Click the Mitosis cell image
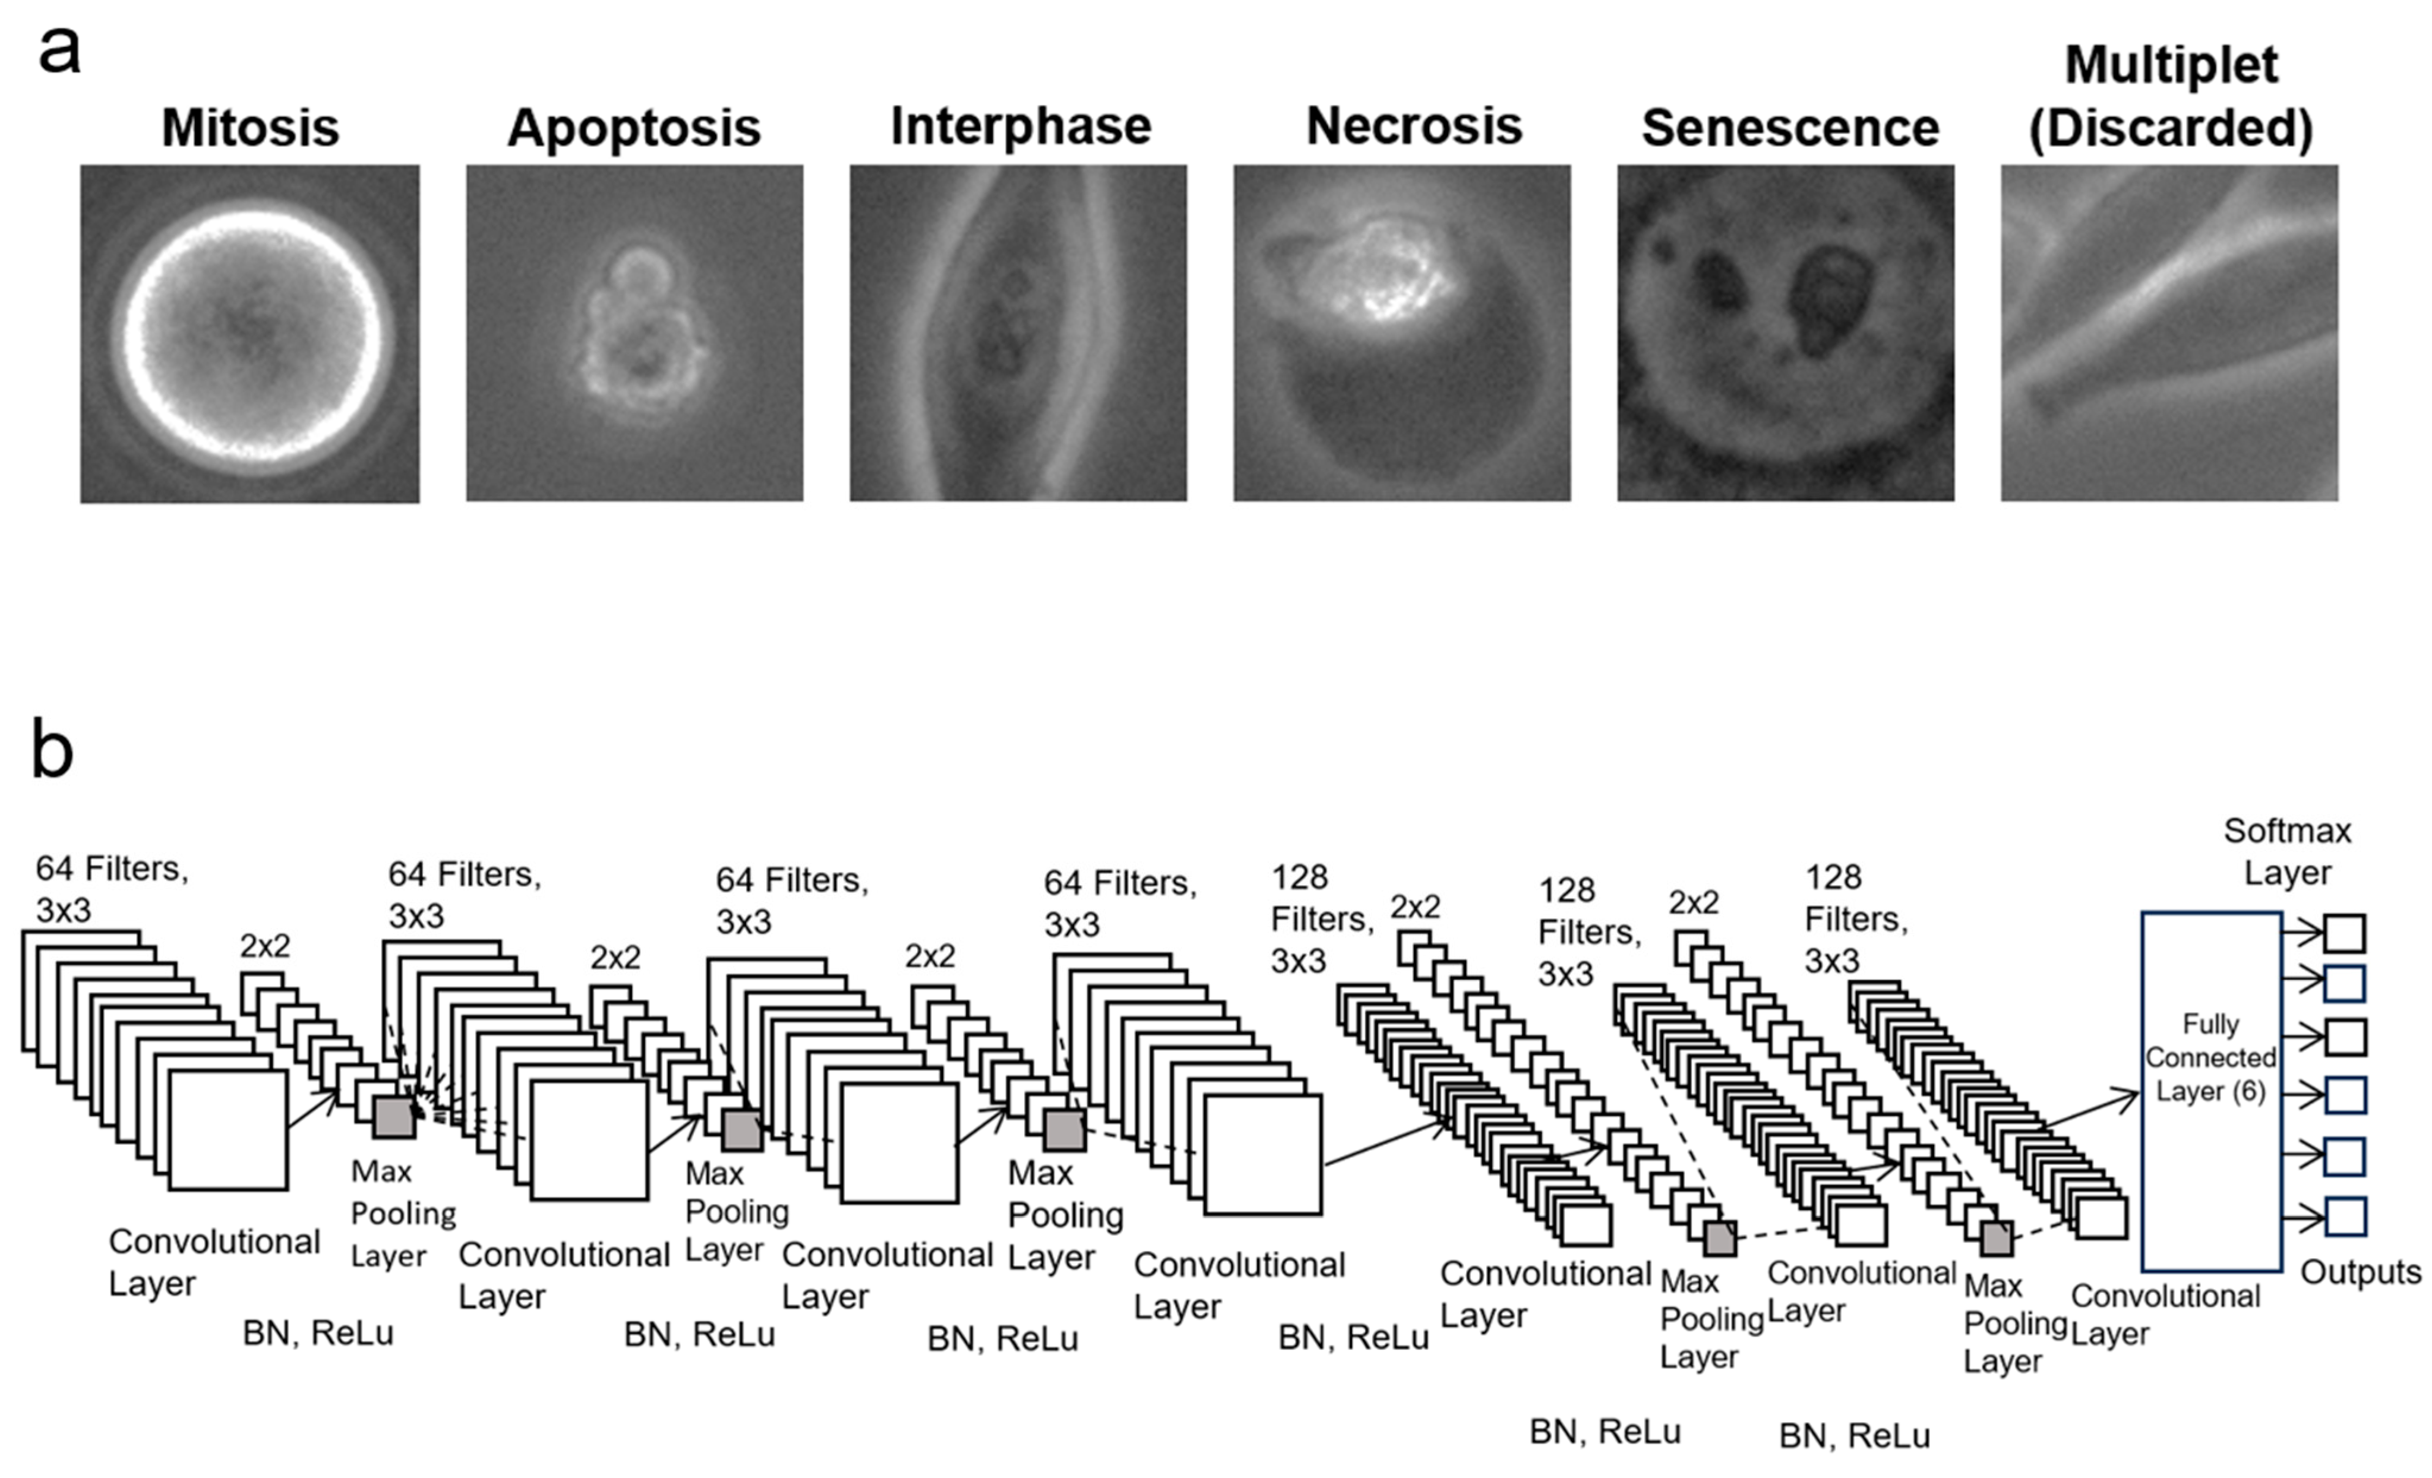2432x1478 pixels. pos(249,334)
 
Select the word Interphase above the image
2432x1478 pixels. pos(1021,127)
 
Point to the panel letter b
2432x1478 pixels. pos(52,749)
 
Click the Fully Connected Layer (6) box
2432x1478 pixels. pos(2211,1091)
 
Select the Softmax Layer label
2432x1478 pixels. pos(2288,851)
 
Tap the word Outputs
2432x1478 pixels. pos(2361,1272)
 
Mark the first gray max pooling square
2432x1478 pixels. pos(394,1117)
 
